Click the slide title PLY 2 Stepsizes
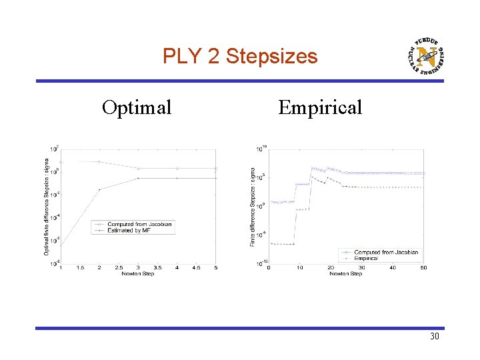tap(240, 57)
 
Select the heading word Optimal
tap(137, 107)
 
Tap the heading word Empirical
tap(320, 107)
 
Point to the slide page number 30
tap(434, 337)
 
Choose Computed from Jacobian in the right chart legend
tap(387, 252)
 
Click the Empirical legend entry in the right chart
tap(367, 257)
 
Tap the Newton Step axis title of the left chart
tap(138, 274)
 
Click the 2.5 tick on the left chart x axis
tap(119, 268)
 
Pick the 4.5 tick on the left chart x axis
tap(196, 268)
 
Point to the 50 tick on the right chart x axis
tap(423, 268)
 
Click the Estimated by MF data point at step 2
tap(99, 189)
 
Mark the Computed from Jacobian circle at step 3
tap(138, 169)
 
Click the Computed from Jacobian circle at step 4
tap(177, 169)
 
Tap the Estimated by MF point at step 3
tap(138, 179)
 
